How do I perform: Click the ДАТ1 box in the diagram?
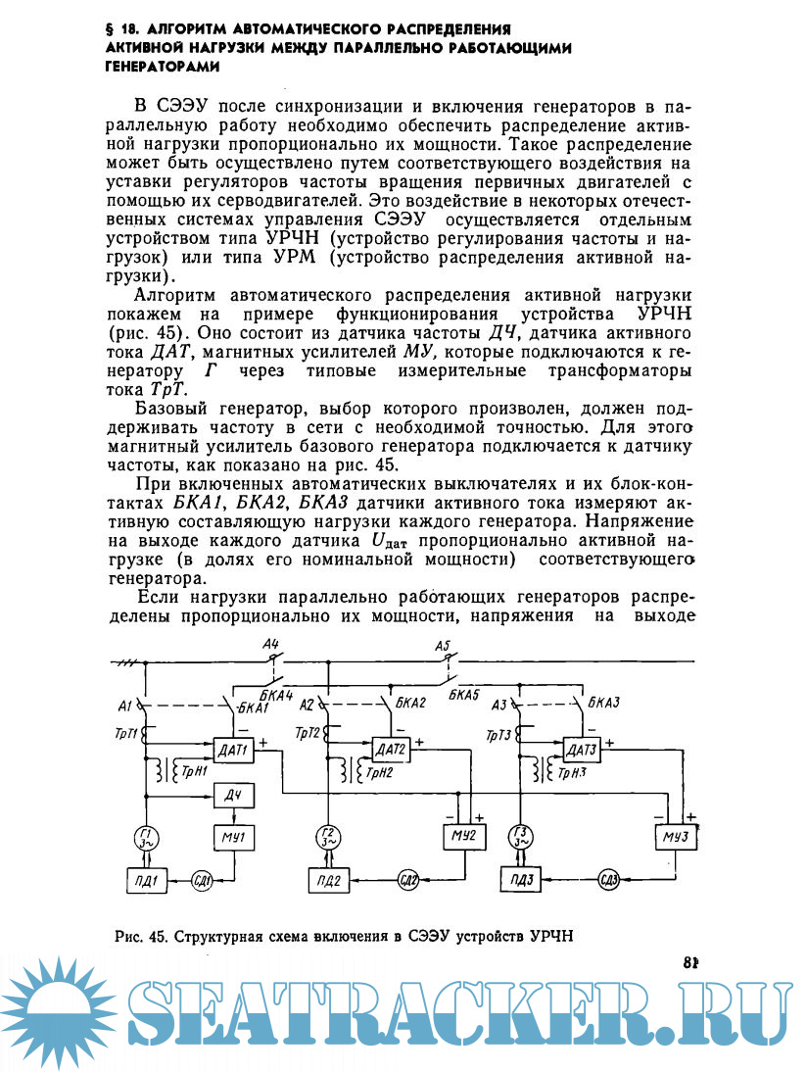(232, 751)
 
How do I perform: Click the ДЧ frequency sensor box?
(232, 795)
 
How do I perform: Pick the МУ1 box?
(232, 838)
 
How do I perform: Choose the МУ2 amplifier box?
(463, 836)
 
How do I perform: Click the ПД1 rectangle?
(145, 878)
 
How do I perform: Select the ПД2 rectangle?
(330, 879)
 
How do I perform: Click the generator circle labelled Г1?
(145, 838)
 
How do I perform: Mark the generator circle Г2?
(328, 838)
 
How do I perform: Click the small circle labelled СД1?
(202, 878)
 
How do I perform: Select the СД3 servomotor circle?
(609, 878)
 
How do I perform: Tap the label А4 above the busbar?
(272, 644)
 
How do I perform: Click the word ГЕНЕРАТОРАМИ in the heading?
(161, 67)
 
